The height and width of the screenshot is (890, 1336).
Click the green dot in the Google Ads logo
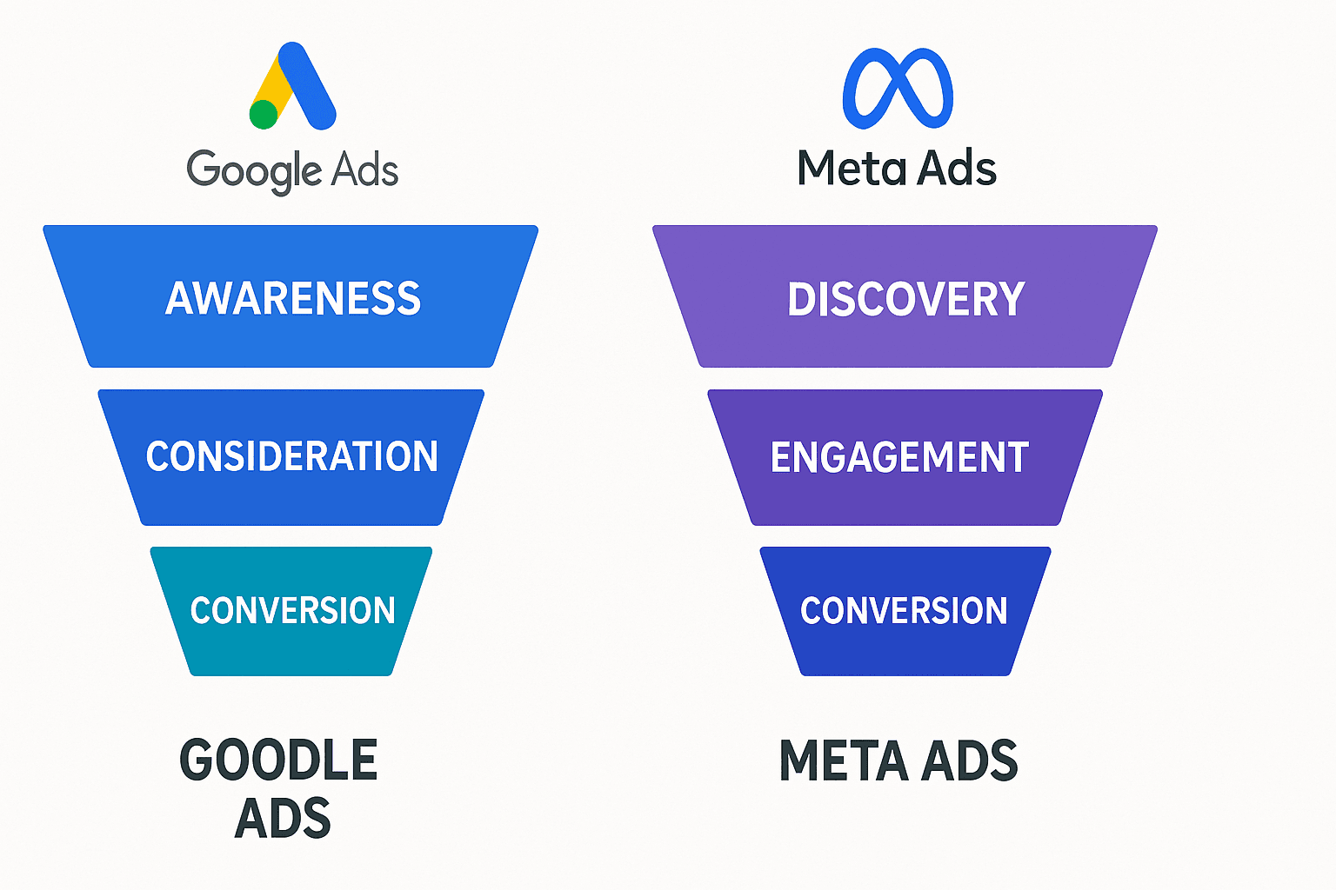pos(264,114)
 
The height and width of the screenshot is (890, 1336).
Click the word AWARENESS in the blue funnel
pos(293,298)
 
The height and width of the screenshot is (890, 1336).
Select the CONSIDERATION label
pos(291,456)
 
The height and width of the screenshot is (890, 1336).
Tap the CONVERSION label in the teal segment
pos(292,610)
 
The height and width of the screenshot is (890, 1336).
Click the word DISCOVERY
pos(905,299)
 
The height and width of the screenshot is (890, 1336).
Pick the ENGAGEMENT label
pos(899,457)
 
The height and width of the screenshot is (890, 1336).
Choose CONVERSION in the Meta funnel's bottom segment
pos(904,610)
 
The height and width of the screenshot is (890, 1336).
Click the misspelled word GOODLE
pos(278,760)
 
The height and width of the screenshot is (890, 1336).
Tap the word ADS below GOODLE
pos(283,818)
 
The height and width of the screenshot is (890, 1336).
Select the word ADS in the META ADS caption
pos(969,760)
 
